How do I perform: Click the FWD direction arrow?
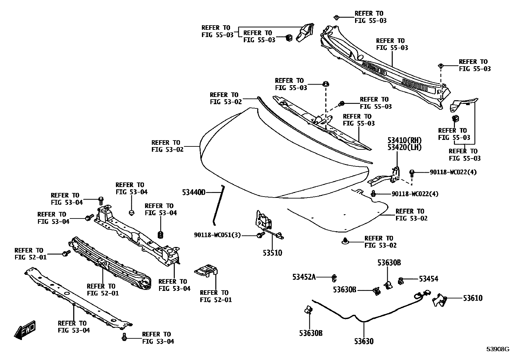click(25, 329)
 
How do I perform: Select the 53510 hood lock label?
click(272, 253)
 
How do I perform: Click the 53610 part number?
click(472, 298)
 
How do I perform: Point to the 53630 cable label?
click(363, 341)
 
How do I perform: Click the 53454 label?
click(428, 279)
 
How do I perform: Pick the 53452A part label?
click(304, 277)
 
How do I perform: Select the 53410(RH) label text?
click(404, 141)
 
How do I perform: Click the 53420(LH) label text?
click(404, 147)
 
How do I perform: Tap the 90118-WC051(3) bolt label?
click(217, 235)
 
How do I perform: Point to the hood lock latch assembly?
click(265, 220)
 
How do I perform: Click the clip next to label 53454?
click(401, 281)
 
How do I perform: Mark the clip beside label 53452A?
click(334, 278)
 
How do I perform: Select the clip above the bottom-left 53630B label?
click(309, 310)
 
